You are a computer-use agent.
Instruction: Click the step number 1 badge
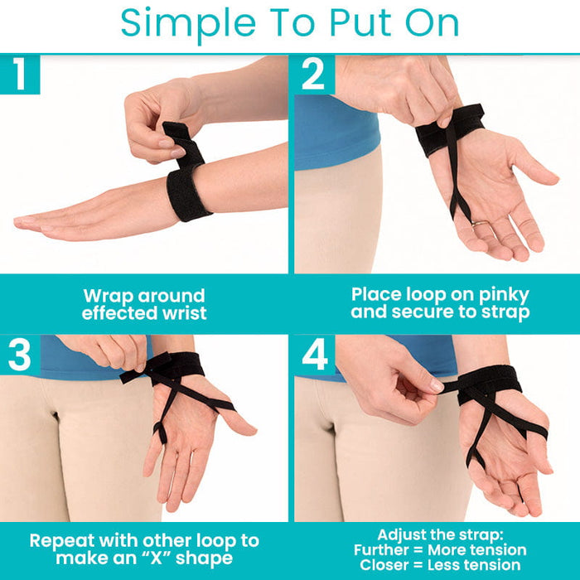click(20, 75)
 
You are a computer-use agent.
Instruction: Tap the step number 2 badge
click(314, 75)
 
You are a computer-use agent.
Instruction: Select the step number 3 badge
click(20, 355)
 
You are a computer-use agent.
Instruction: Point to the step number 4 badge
click(314, 355)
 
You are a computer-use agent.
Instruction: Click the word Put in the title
click(360, 22)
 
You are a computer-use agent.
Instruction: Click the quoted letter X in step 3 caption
click(156, 558)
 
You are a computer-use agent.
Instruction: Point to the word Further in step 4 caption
click(381, 550)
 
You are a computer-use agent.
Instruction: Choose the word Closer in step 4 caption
click(384, 565)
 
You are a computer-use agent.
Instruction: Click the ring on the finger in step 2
click(480, 224)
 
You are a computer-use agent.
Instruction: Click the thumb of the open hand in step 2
click(533, 167)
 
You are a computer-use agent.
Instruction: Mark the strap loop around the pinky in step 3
click(160, 432)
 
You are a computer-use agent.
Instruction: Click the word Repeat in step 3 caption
click(62, 541)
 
